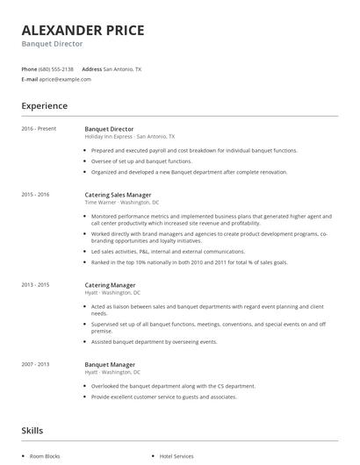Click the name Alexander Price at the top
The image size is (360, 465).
[83, 30]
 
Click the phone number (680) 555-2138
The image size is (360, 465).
[57, 68]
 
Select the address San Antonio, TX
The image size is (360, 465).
[122, 68]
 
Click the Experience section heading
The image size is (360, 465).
[45, 106]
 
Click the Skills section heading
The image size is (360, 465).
[32, 431]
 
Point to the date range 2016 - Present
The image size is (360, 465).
[39, 129]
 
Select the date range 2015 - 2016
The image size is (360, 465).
[35, 194]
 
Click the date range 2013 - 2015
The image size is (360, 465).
[35, 284]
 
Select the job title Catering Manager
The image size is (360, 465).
[110, 284]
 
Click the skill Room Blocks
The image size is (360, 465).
[45, 456]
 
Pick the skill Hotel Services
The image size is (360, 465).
[176, 456]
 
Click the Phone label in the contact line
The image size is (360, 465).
[29, 68]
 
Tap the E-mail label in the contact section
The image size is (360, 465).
[29, 79]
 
